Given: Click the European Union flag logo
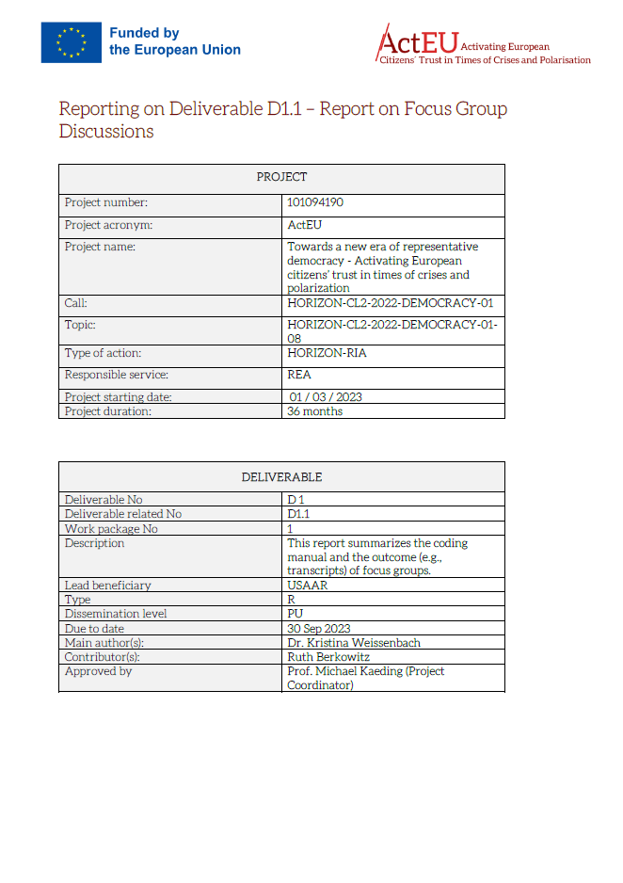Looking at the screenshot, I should pyautogui.click(x=71, y=42).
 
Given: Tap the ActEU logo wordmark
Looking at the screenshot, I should pyautogui.click(x=417, y=41).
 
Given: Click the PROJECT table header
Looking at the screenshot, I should pyautogui.click(x=281, y=177).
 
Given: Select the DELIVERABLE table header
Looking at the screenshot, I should pyautogui.click(x=281, y=477).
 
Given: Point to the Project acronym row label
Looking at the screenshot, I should pyautogui.click(x=108, y=225).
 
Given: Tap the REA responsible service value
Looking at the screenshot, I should pyautogui.click(x=299, y=375).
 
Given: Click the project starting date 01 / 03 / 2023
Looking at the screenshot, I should pyautogui.click(x=326, y=397).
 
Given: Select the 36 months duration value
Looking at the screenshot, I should pyautogui.click(x=315, y=411).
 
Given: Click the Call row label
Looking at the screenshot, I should pyautogui.click(x=76, y=303).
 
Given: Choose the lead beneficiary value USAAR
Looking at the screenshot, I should pyautogui.click(x=307, y=586).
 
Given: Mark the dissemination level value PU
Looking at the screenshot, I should pyautogui.click(x=295, y=614).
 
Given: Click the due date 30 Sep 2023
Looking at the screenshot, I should pyautogui.click(x=318, y=628).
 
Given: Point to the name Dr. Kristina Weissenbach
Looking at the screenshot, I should pyautogui.click(x=354, y=643).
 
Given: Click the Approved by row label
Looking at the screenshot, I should pyautogui.click(x=98, y=671).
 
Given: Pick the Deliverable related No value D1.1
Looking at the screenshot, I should pyautogui.click(x=298, y=514).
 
